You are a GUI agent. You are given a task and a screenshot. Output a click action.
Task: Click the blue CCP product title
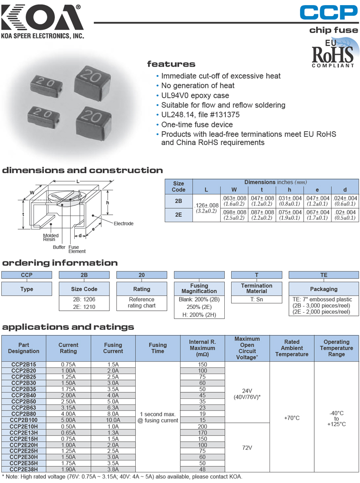[328, 12]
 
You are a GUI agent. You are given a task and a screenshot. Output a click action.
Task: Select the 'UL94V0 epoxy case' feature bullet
[195, 96]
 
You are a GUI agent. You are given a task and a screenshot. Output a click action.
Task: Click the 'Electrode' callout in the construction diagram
[123, 223]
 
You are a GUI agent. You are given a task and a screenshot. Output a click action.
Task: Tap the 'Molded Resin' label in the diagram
[51, 237]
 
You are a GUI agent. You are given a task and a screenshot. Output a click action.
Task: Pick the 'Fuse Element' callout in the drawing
[77, 249]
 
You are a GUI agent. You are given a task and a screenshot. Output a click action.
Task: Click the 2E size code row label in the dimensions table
[178, 215]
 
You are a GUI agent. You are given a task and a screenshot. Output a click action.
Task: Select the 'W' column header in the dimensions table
[234, 189]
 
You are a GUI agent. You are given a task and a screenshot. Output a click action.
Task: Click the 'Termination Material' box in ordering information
[257, 289]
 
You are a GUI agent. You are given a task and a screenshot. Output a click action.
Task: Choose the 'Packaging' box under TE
[324, 289]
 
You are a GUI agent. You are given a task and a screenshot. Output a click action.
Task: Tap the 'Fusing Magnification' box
[199, 289]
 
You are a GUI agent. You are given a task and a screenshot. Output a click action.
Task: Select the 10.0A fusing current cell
[113, 420]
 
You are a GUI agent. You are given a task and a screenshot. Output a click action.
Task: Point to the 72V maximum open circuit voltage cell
[247, 447]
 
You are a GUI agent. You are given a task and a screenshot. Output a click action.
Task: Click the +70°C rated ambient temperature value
[292, 418]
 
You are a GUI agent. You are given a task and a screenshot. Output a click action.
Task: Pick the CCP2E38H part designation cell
[24, 470]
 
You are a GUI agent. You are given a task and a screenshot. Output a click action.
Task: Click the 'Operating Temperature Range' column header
[336, 348]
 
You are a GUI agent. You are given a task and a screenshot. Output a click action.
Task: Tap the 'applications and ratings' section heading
[68, 327]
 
